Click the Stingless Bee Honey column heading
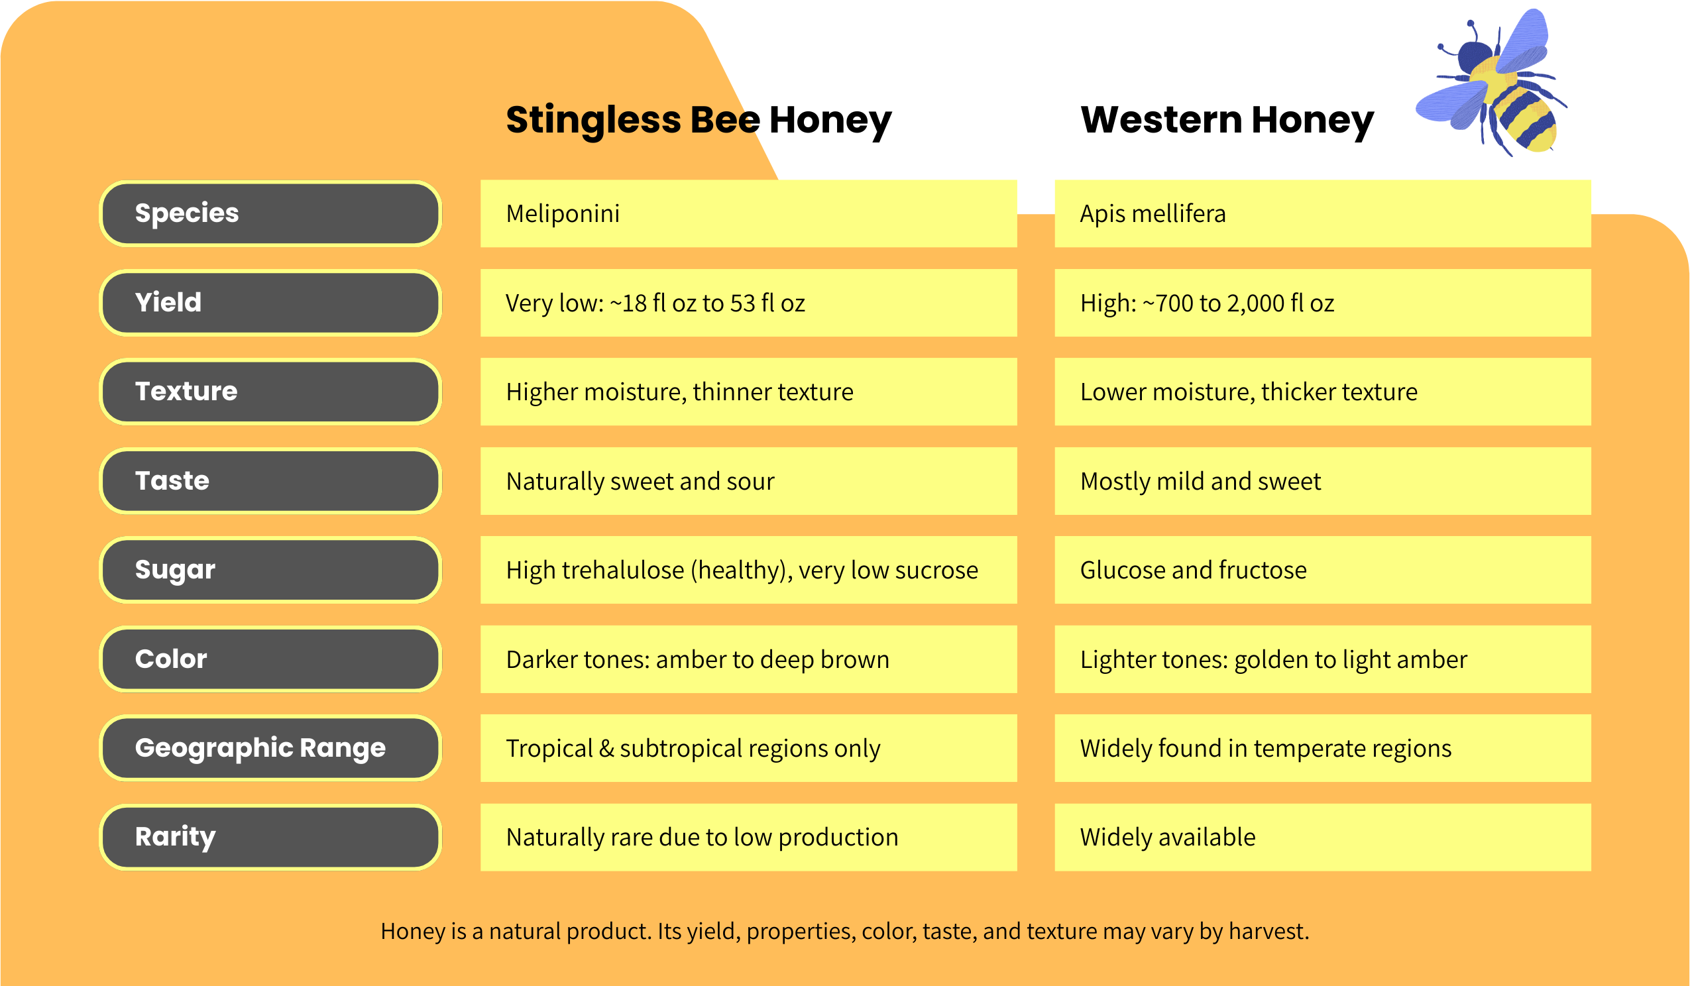coord(698,121)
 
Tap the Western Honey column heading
coord(1227,121)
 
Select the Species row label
coord(270,213)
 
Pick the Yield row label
coord(270,303)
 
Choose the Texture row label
coord(270,392)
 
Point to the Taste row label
coord(270,481)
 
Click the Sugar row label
coord(270,570)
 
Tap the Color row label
coord(270,659)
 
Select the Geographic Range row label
coord(270,748)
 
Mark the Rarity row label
coord(270,837)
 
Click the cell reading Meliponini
coord(748,213)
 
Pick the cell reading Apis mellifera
coord(1322,213)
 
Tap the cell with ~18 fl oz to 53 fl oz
coord(748,303)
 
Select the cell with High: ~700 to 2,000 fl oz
coord(1322,303)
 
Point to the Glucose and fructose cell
coord(1322,570)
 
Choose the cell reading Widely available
coord(1322,837)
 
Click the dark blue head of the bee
coord(1475,56)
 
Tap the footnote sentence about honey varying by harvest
coord(845,932)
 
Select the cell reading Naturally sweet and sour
coord(748,481)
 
